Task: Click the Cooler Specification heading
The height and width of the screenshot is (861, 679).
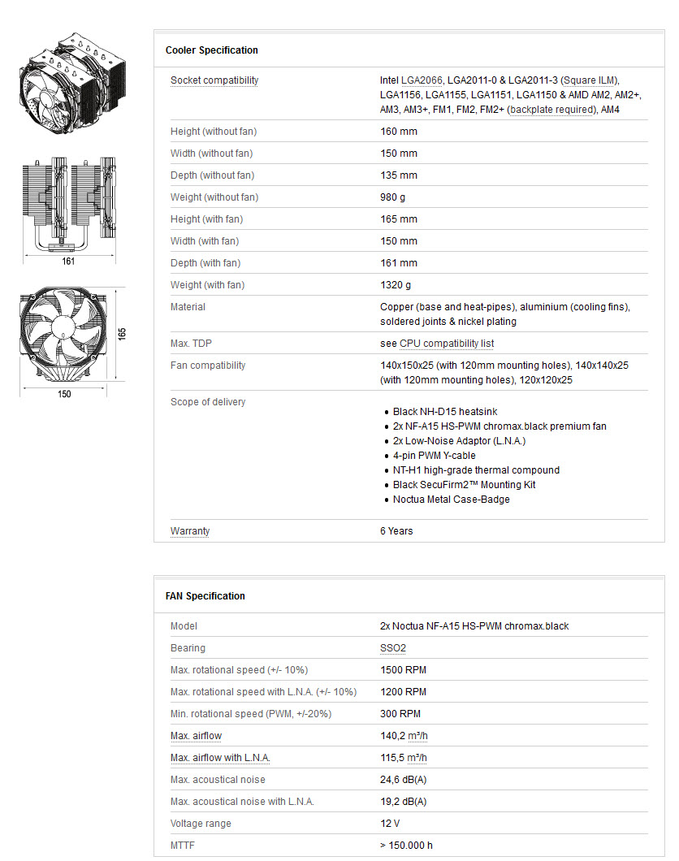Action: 211,50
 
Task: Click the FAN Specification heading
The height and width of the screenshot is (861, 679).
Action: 205,596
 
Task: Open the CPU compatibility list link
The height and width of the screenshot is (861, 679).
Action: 447,344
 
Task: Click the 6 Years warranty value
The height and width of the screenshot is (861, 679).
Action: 396,531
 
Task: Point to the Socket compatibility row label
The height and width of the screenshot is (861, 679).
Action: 214,80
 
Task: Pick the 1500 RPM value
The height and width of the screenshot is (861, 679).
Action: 403,670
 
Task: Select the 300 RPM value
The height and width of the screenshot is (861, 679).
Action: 400,714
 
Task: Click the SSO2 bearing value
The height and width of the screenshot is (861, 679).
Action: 393,648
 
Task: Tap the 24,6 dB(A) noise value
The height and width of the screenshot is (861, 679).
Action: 403,780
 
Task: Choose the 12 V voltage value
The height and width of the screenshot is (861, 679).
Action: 391,824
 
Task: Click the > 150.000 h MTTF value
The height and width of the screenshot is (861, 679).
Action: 406,846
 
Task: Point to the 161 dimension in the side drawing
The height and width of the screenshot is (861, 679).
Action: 68,262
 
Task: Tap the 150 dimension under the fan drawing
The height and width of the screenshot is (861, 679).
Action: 64,394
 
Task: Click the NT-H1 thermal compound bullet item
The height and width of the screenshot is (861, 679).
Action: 476,470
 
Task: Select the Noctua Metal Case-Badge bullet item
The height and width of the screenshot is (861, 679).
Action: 452,500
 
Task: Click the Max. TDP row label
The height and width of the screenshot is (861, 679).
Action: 192,344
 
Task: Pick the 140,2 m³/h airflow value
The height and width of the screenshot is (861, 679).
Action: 403,736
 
